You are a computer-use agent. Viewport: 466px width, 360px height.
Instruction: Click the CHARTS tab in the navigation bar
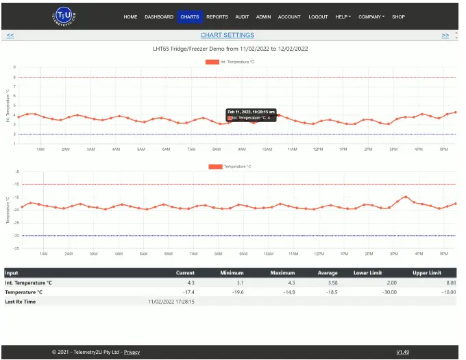tap(190, 16)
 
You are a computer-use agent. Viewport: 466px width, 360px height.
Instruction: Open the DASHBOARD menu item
tap(159, 16)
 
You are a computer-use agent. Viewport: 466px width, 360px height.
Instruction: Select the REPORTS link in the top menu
tap(217, 16)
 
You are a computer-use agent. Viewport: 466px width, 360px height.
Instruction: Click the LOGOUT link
tap(318, 16)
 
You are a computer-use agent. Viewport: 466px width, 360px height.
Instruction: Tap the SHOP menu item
tap(398, 16)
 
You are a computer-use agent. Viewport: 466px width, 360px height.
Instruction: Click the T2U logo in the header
tap(66, 16)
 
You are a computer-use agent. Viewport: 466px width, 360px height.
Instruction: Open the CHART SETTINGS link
tap(227, 35)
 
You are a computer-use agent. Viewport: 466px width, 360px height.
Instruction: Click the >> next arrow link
tap(445, 35)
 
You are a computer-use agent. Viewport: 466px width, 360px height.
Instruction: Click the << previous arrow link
tap(10, 35)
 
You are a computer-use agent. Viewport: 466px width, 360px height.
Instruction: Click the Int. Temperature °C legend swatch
tap(212, 62)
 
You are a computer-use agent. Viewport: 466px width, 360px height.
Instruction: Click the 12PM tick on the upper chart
tap(318, 149)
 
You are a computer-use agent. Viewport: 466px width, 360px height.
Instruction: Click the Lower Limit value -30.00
tap(388, 291)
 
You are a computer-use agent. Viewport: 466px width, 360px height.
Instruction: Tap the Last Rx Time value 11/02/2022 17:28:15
tap(171, 301)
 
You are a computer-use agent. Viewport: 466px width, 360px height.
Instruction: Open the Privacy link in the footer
tap(132, 352)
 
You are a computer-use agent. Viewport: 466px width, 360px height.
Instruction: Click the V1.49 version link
tap(402, 352)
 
